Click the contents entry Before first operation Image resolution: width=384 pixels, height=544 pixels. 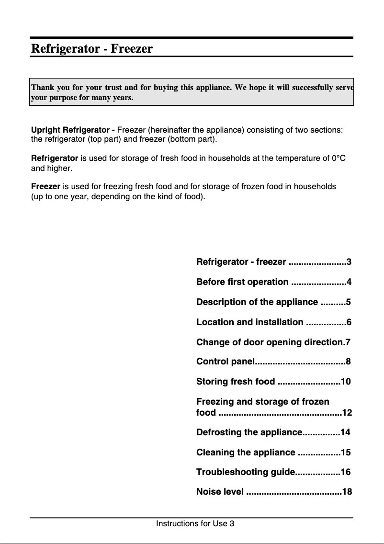click(242, 282)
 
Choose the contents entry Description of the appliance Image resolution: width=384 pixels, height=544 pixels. click(257, 302)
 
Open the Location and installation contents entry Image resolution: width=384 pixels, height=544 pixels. click(249, 322)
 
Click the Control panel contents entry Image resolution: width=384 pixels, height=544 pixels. click(224, 362)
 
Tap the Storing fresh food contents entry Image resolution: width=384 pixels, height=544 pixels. click(236, 382)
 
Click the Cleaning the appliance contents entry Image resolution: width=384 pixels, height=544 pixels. click(246, 453)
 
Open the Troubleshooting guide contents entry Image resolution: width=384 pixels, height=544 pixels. click(246, 472)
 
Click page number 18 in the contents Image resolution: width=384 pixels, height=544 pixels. click(347, 492)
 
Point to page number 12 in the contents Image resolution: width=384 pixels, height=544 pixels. click(347, 412)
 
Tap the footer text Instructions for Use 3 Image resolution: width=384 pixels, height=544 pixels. click(195, 523)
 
